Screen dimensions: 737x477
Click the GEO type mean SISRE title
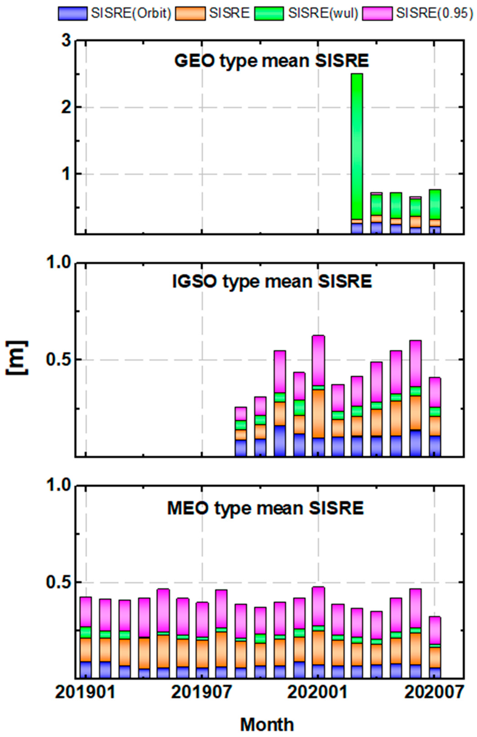click(x=272, y=61)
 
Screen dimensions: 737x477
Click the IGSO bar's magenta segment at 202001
click(x=318, y=360)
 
